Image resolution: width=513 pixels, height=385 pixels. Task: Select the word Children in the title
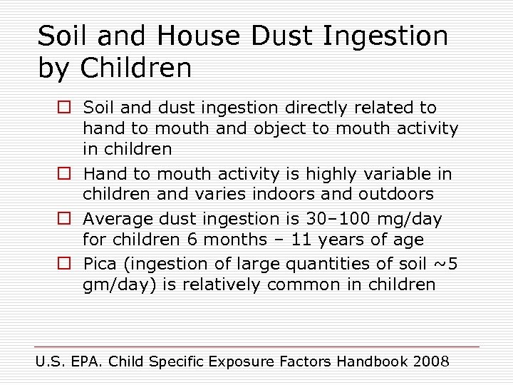pos(136,68)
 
